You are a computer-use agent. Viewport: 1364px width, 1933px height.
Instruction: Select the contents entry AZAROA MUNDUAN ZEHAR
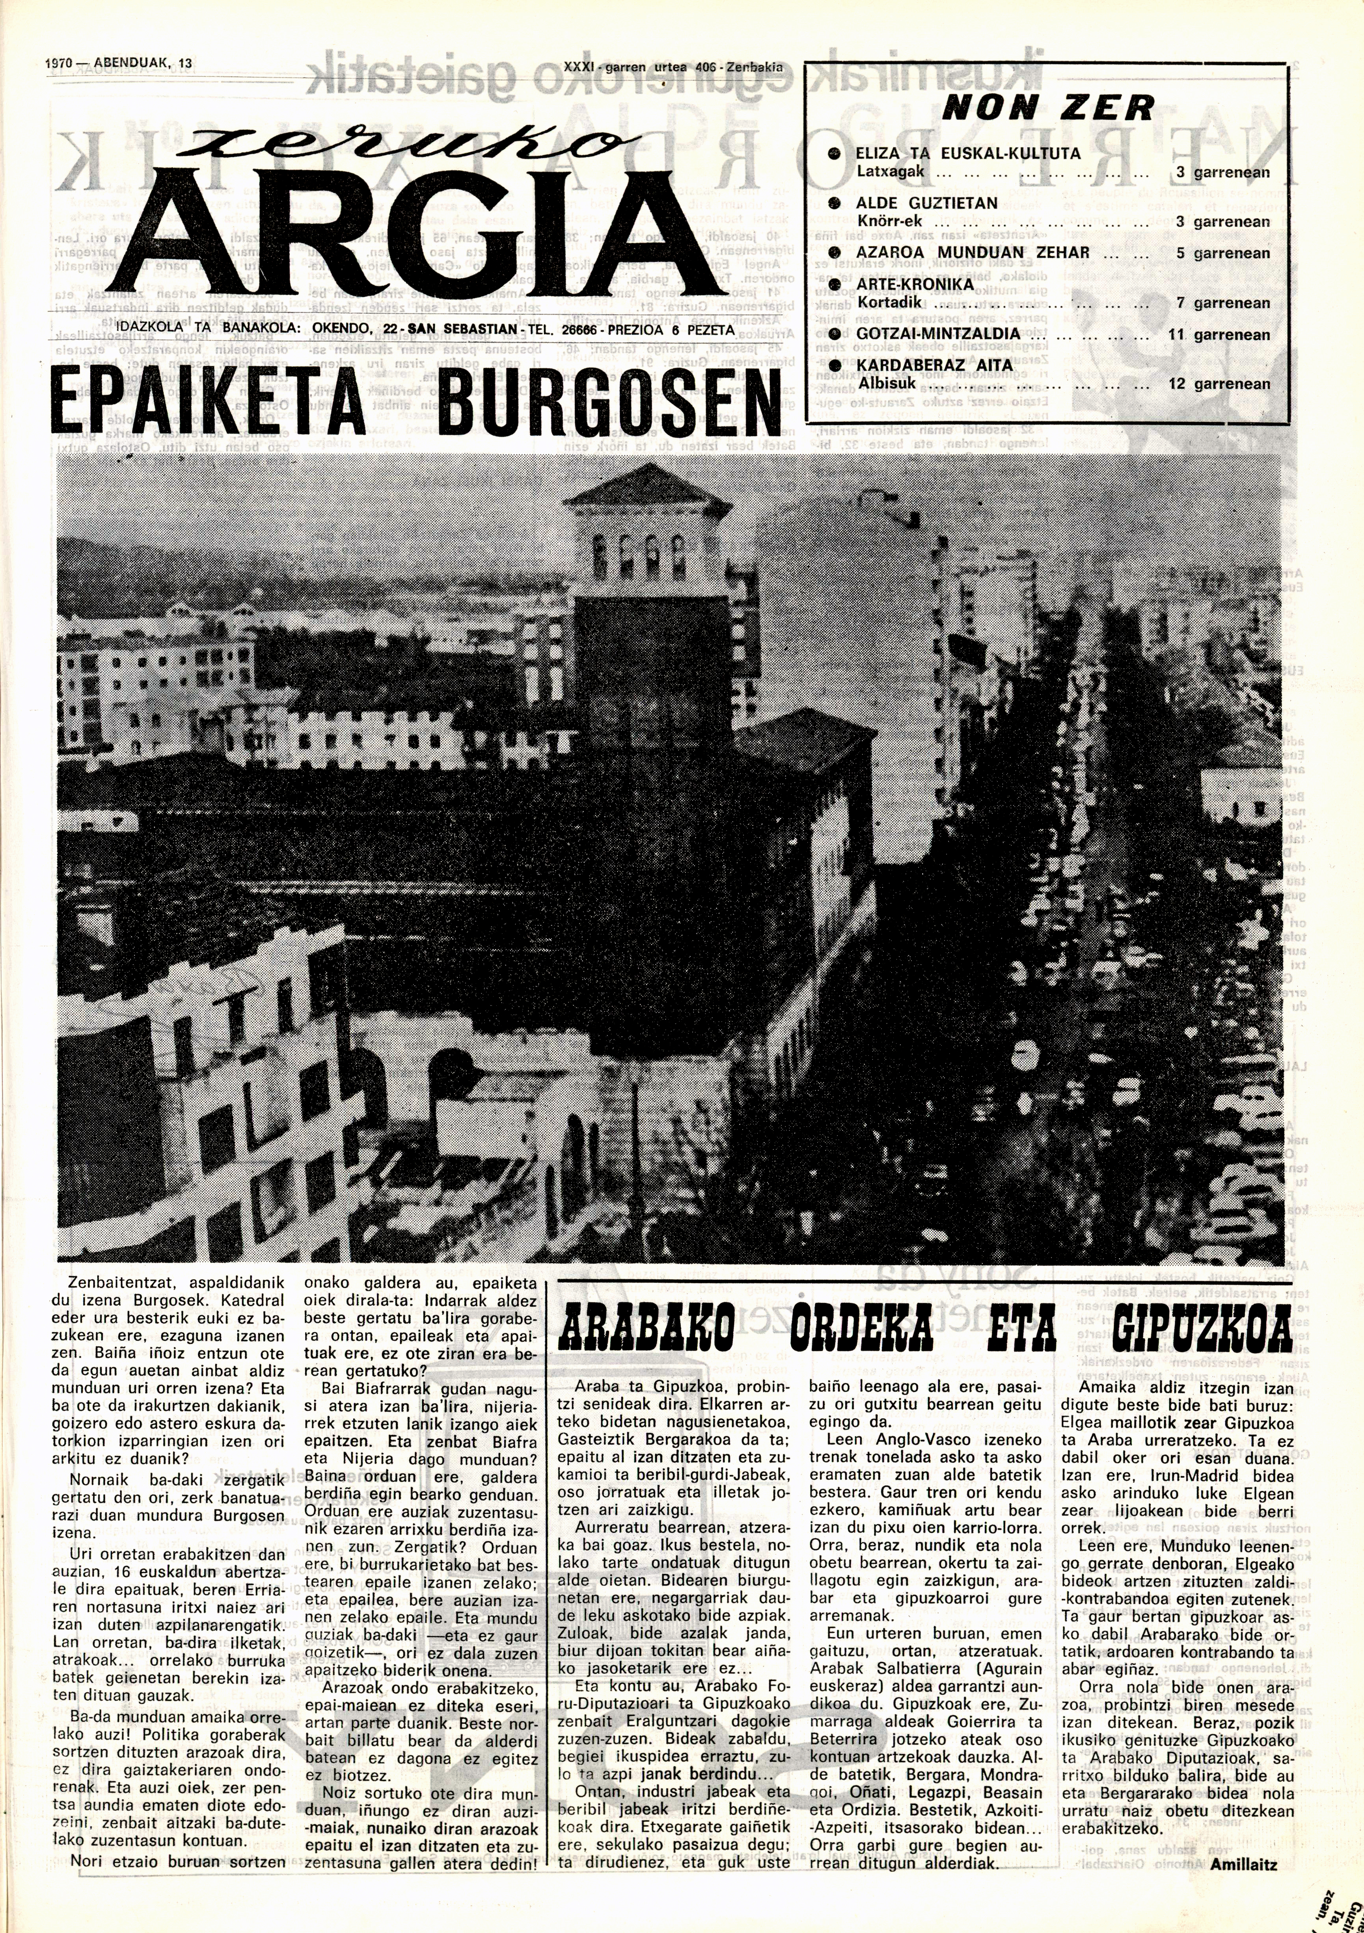973,253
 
